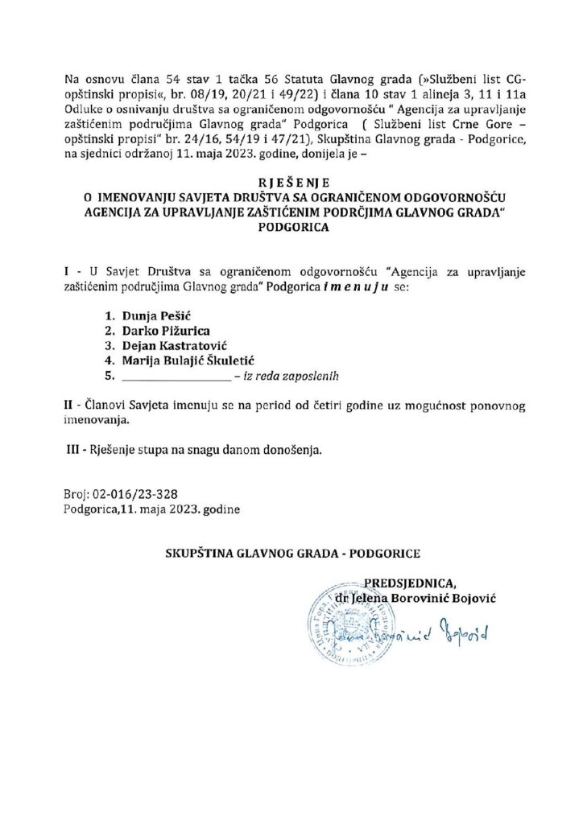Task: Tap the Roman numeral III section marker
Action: click(72, 451)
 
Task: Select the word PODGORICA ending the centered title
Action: click(291, 227)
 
